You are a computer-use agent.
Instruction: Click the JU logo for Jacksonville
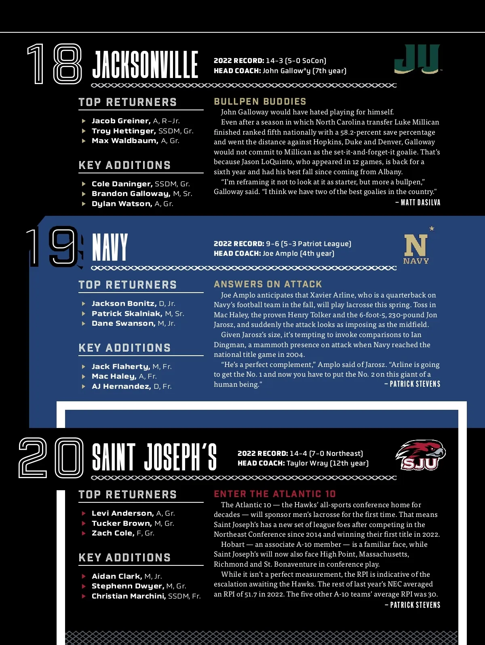(417, 59)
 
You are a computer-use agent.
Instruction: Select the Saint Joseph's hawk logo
(420, 455)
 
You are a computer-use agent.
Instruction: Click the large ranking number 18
(55, 64)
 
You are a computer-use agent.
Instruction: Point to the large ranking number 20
(51, 457)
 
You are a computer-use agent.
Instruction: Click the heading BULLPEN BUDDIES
(260, 101)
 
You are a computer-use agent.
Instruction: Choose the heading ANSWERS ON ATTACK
(268, 284)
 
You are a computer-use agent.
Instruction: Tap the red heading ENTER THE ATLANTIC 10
(275, 494)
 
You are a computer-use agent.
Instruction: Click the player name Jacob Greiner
(121, 121)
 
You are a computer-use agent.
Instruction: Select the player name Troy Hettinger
(124, 131)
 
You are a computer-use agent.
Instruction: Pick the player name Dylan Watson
(122, 204)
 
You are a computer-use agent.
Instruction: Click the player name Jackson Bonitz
(124, 304)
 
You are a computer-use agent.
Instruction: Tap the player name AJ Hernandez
(121, 386)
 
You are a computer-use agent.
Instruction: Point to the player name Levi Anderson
(122, 513)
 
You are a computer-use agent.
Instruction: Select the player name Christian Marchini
(129, 596)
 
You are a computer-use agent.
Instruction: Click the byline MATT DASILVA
(420, 202)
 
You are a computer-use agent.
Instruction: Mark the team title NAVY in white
(110, 247)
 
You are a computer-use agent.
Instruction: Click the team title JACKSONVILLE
(145, 65)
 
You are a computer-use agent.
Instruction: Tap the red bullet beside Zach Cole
(84, 533)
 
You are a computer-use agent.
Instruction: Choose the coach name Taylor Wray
(307, 463)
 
